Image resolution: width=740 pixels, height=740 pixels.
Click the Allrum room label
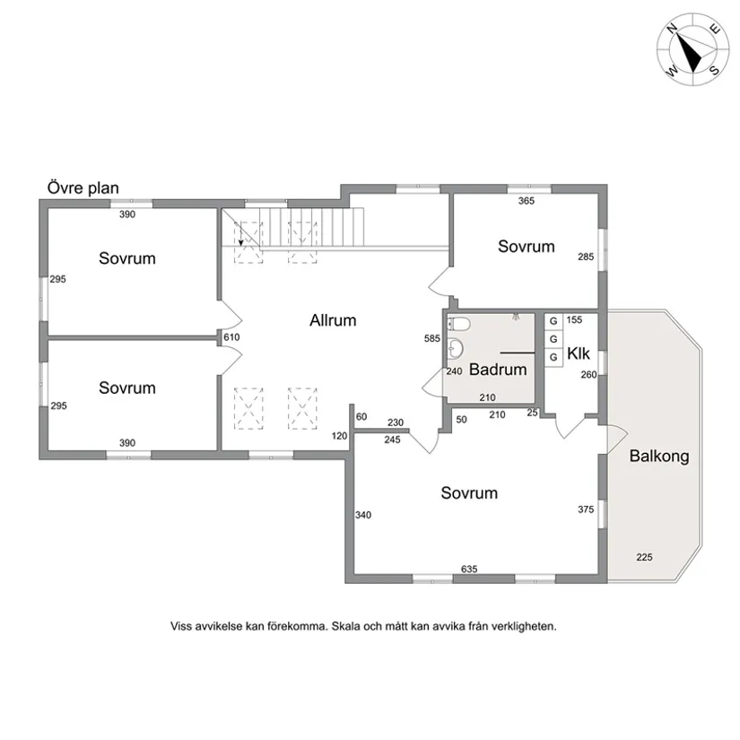click(x=333, y=320)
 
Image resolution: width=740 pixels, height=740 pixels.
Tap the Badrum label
click(x=498, y=370)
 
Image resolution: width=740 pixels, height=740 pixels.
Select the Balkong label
click(x=659, y=457)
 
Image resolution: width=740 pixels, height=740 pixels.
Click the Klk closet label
click(x=579, y=353)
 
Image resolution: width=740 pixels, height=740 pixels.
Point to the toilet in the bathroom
click(x=458, y=324)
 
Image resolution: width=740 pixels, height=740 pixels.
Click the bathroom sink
click(x=456, y=349)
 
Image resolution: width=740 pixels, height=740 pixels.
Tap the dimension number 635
click(x=469, y=570)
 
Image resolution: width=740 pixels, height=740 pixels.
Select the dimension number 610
click(x=231, y=337)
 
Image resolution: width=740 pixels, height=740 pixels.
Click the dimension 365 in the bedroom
click(x=527, y=201)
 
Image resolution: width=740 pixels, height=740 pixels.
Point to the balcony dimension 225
click(x=644, y=557)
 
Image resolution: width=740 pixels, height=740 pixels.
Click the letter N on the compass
click(x=673, y=29)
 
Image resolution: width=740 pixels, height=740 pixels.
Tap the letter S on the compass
click(x=715, y=70)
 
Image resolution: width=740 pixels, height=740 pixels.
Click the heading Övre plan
click(x=83, y=187)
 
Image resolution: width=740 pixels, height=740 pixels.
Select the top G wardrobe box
click(x=553, y=321)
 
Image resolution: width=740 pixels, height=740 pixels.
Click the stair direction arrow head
click(x=241, y=242)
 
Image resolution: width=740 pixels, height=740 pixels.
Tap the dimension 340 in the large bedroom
click(x=363, y=515)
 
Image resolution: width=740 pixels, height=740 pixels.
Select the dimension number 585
click(x=431, y=338)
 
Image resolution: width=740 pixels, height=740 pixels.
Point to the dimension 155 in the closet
click(x=574, y=320)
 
